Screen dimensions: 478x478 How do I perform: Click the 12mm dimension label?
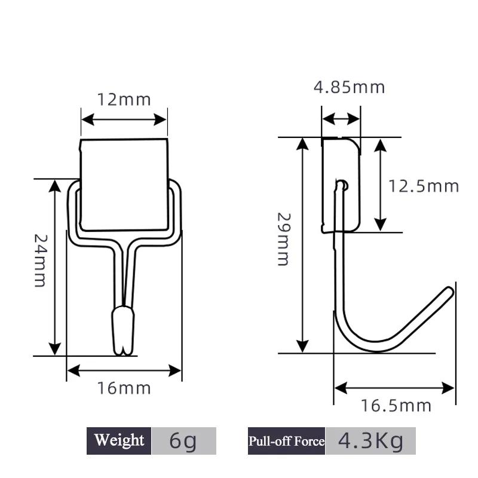point(124,99)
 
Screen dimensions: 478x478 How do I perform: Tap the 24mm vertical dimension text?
point(39,260)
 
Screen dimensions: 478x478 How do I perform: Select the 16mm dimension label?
point(124,388)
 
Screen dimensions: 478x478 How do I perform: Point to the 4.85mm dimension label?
point(350,87)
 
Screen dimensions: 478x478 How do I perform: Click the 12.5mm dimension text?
point(424,186)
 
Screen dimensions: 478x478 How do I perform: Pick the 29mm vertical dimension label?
point(283,239)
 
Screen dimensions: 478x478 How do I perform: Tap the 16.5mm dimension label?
point(396,406)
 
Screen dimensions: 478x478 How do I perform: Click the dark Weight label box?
point(119,441)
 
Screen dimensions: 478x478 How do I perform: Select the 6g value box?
point(183,441)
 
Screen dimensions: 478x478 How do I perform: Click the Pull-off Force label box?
point(286,441)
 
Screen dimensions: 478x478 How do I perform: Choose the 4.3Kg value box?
point(370,441)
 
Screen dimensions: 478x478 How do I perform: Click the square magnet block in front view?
point(124,184)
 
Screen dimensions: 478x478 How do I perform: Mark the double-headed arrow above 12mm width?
point(124,119)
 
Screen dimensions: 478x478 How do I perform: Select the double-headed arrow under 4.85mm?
point(341,119)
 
